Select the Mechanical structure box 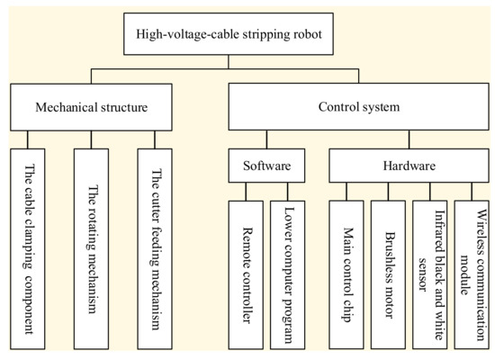pyautogui.click(x=94, y=108)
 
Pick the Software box pyautogui.click(x=265, y=167)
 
